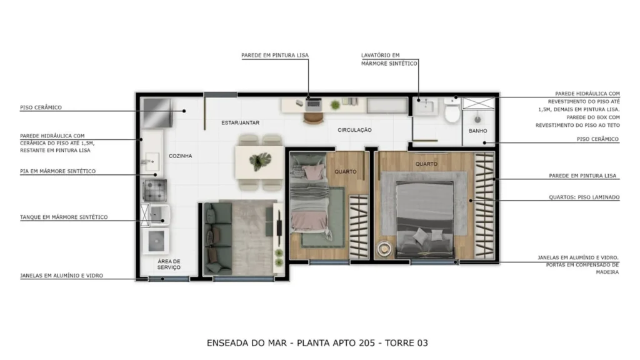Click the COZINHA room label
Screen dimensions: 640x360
tap(181, 156)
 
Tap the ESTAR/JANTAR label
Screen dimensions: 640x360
tap(241, 122)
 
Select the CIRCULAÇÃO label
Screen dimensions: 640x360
tap(354, 130)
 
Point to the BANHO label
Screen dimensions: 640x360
tap(477, 131)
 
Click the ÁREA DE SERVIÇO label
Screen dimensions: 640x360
tap(169, 264)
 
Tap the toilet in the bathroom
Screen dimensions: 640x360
tap(452, 109)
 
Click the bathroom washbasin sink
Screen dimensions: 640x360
tap(426, 106)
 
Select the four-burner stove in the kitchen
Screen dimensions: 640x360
tap(154, 190)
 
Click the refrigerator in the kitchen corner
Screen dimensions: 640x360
tap(157, 112)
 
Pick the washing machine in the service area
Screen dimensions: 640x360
tap(156, 241)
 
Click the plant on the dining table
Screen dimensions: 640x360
tap(259, 162)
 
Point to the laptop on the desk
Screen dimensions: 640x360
tap(314, 104)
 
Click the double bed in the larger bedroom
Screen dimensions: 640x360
tap(425, 218)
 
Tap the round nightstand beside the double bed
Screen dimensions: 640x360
tap(384, 249)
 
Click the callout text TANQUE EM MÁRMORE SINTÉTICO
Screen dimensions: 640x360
tap(64, 217)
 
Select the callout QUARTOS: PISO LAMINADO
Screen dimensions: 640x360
tap(584, 197)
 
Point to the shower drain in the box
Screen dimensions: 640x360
tap(477, 119)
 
